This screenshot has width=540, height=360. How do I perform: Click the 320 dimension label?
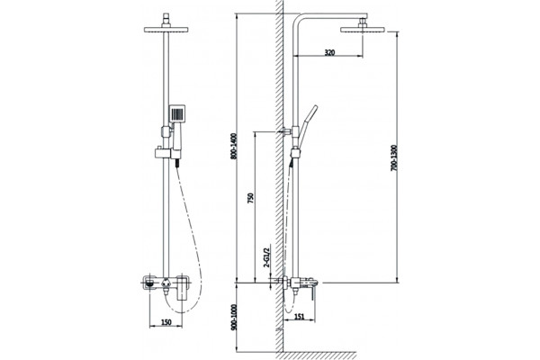tap(329, 53)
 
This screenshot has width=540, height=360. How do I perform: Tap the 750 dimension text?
tap(251, 198)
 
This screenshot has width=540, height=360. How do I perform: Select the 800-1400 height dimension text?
tap(234, 146)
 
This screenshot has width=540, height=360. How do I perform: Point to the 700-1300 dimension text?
tap(394, 157)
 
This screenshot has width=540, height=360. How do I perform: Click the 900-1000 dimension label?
tap(234, 318)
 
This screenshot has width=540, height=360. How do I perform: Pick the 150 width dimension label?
tap(166, 322)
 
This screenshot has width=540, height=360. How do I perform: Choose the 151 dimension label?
tap(300, 317)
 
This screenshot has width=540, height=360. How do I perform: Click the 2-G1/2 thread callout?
tap(266, 256)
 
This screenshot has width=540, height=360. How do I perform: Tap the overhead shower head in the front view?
tap(166, 29)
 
